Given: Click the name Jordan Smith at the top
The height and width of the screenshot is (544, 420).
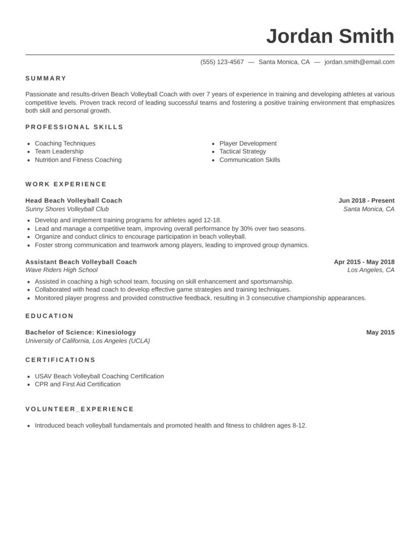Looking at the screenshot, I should [330, 37].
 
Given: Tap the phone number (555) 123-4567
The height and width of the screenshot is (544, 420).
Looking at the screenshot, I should [222, 62].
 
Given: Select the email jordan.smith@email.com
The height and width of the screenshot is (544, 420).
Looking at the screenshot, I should [359, 62].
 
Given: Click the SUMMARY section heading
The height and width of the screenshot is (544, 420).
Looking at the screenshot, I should [46, 78].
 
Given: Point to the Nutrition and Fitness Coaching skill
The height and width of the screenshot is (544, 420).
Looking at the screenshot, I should [78, 160].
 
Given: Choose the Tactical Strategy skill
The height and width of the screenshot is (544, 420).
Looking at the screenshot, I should [243, 152].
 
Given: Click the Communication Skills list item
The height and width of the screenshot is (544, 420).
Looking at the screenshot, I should [250, 160].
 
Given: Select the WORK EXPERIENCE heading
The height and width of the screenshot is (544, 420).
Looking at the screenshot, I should [66, 184].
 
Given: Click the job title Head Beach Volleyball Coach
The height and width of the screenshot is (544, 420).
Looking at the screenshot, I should [74, 201].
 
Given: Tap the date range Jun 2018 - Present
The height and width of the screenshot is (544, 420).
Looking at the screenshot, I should [366, 201].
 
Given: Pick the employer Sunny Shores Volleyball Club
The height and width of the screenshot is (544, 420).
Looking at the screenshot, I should [67, 209].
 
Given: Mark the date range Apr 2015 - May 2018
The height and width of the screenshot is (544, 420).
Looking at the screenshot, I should [364, 262].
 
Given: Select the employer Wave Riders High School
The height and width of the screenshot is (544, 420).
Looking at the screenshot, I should [62, 270].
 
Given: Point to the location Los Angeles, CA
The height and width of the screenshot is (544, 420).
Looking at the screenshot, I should [371, 270].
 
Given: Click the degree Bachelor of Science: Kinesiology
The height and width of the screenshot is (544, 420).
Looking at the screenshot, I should [81, 333].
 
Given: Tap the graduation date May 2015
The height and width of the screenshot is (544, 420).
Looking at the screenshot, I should [380, 333].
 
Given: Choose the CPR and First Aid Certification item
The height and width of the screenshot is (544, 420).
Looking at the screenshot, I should [78, 384].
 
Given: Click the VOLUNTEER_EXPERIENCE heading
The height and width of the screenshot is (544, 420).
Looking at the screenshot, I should [80, 409].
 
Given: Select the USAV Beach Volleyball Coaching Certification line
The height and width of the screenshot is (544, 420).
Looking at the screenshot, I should [99, 376].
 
